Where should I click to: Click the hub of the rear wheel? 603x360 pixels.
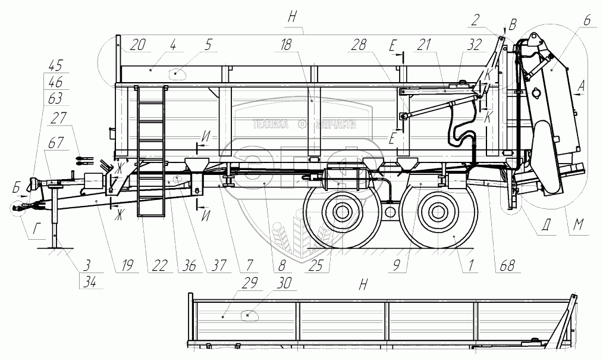click(x=438, y=212)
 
